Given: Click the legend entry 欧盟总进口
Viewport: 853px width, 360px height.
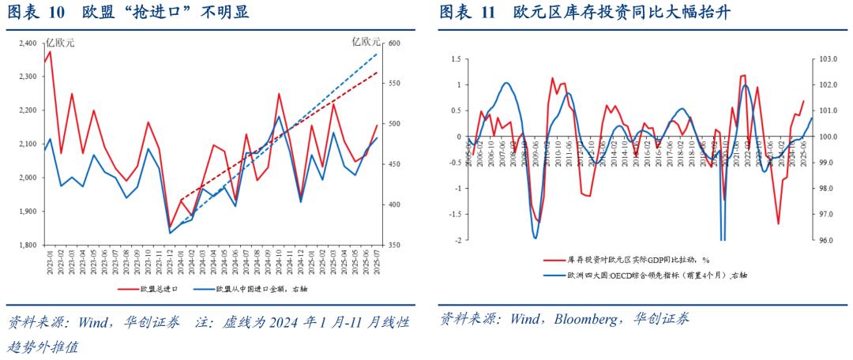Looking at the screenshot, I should (159, 289).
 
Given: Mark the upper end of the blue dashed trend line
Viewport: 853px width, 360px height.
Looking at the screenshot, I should (377, 54).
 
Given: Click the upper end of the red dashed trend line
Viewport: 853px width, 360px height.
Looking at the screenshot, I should (377, 73).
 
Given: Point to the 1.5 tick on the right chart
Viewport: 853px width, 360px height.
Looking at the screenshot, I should (456, 59).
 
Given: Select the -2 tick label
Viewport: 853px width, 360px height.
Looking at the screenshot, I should (457, 239).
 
